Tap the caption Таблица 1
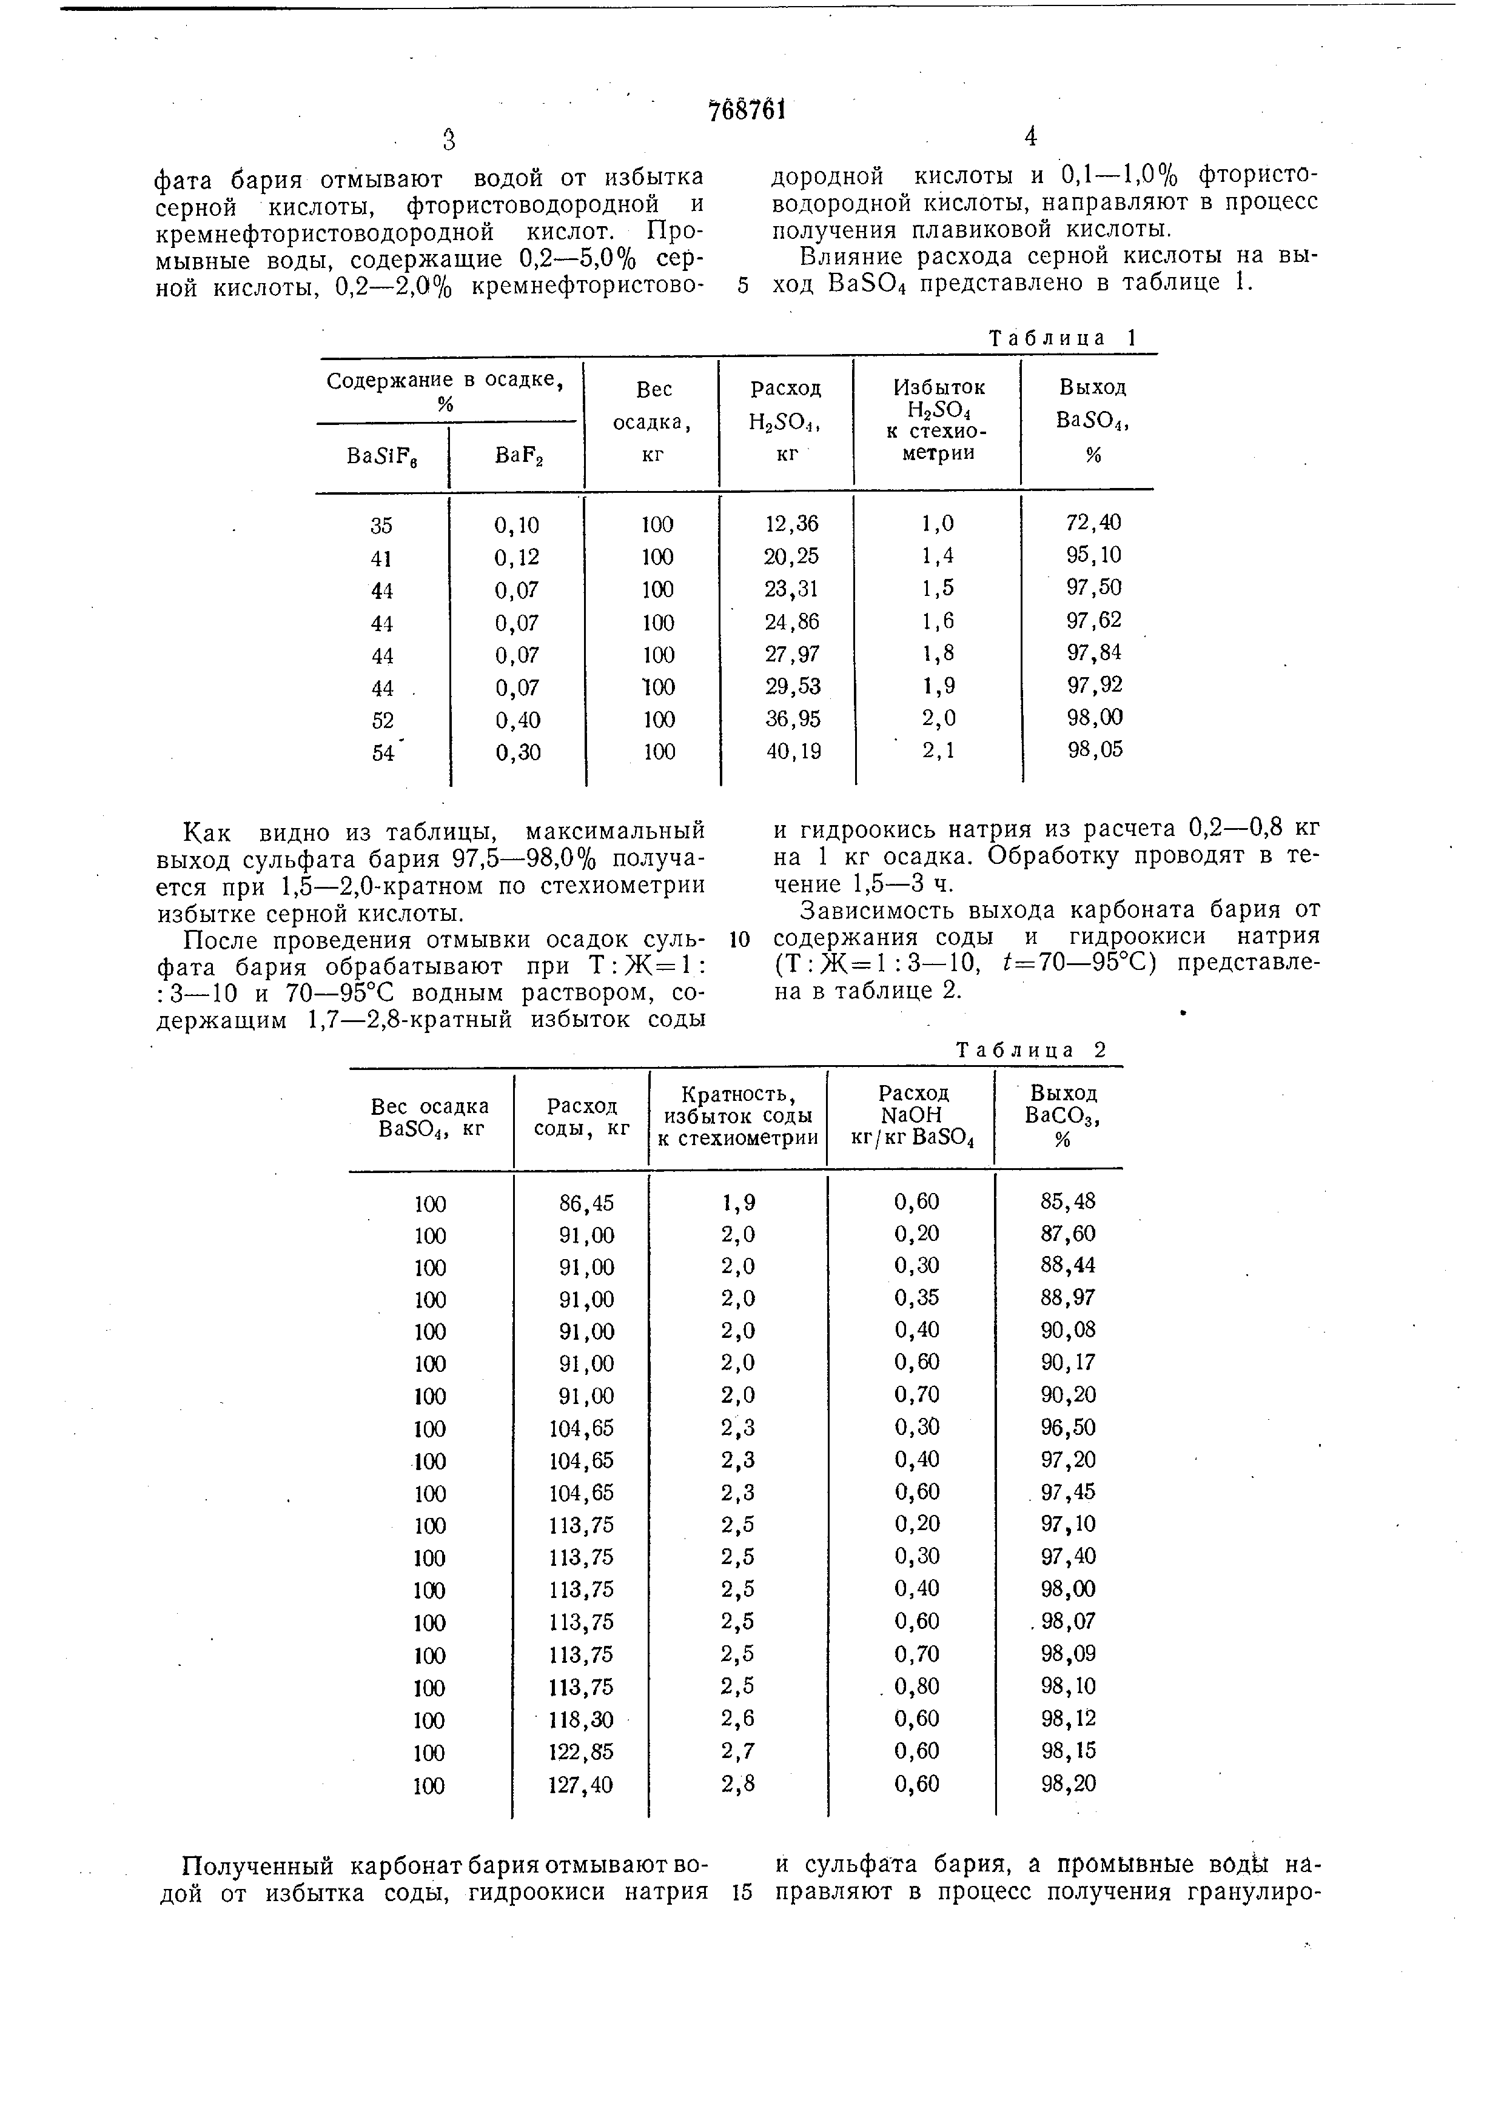point(1063,338)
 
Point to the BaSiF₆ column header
point(381,456)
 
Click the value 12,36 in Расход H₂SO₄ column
point(792,524)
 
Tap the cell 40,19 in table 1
point(794,751)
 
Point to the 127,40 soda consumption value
point(580,1784)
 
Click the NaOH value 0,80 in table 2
point(917,1685)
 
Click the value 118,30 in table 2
point(580,1719)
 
